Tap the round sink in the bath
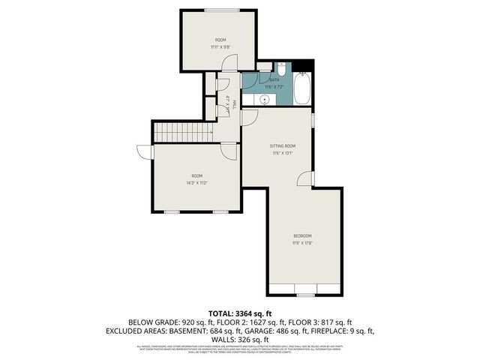tap(265, 98)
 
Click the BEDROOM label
tap(302, 235)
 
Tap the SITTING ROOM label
tap(283, 145)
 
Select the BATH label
tap(274, 79)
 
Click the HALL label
tap(235, 104)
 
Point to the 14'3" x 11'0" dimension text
tap(196, 182)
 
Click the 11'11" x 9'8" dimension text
tap(220, 46)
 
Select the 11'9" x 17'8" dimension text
tap(302, 242)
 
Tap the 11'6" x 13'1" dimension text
tap(282, 153)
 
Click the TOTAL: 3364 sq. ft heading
tap(239, 313)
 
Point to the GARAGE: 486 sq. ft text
tap(303, 330)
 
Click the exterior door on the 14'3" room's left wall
tap(151, 151)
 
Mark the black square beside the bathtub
tap(301, 64)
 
